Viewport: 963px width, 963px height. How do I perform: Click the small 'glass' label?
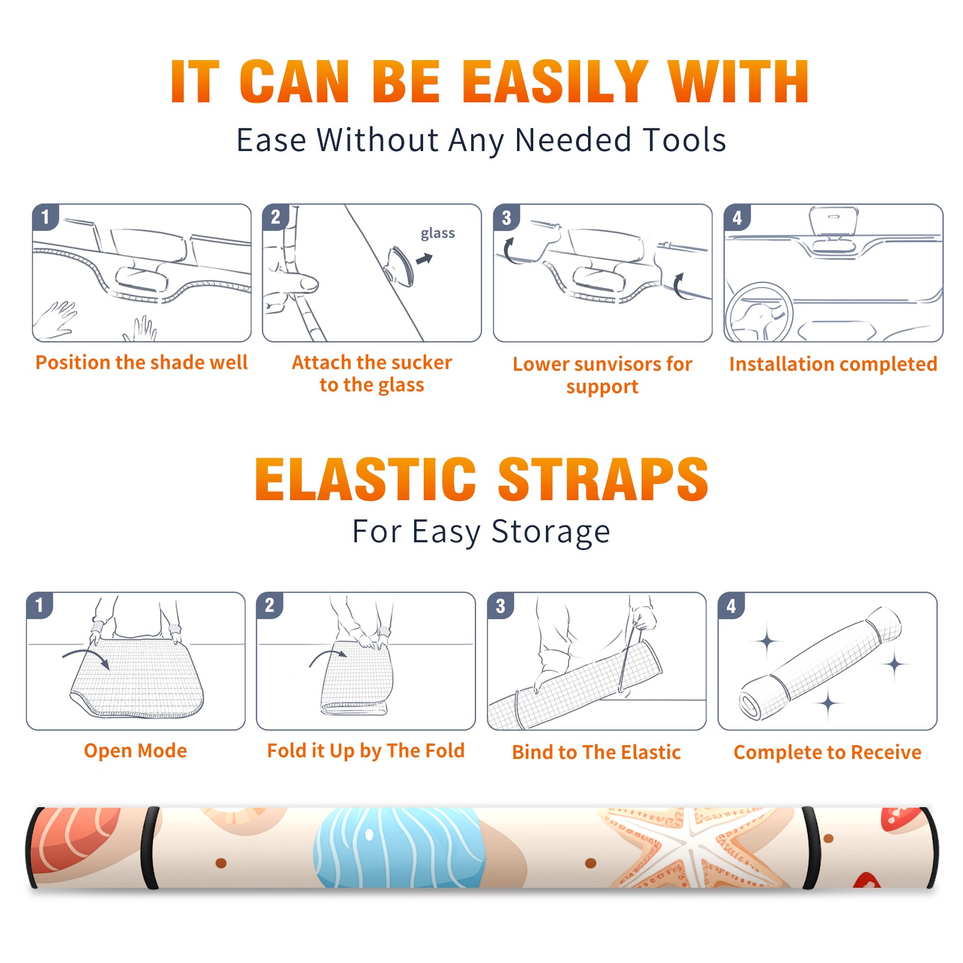[x=438, y=233]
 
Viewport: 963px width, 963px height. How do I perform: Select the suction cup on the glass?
[x=400, y=265]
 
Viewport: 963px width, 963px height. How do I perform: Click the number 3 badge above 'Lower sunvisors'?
[x=506, y=217]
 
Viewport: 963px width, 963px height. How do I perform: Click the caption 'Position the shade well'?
[x=141, y=362]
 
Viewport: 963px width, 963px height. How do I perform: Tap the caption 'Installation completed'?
[x=833, y=364]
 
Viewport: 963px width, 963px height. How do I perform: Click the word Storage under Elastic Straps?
[x=551, y=532]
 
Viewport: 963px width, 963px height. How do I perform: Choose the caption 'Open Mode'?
[x=135, y=751]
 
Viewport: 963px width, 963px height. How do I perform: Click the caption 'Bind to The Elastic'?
[x=596, y=752]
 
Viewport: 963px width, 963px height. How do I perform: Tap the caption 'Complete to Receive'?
[x=828, y=752]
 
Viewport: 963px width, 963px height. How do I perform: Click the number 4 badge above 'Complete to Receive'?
[x=731, y=605]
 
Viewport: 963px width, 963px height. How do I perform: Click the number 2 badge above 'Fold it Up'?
[x=269, y=605]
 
